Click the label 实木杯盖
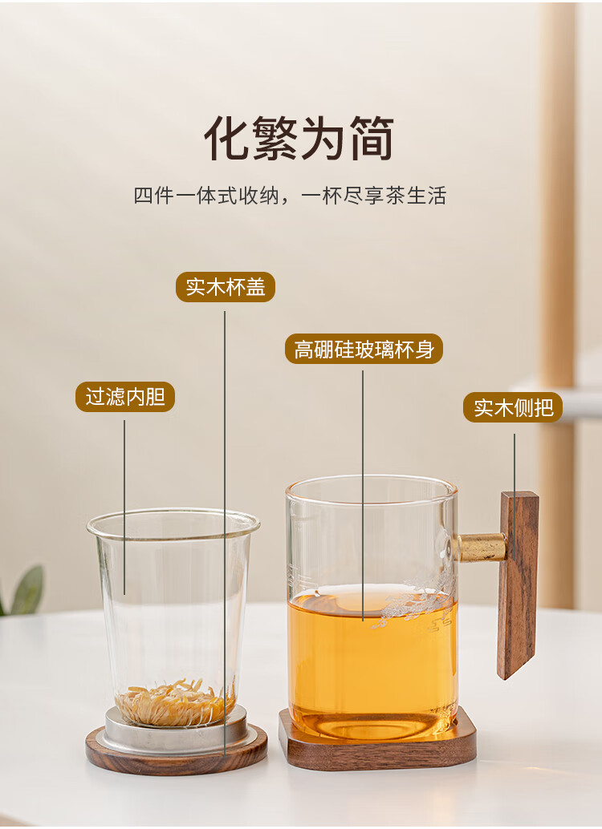point(225,287)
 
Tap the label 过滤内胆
point(125,397)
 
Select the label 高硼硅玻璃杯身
point(364,349)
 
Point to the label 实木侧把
point(513,407)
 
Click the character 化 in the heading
point(226,138)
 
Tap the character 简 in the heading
point(372,138)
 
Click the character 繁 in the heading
point(275,138)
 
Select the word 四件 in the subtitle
point(153,196)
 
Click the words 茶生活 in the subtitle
point(416,196)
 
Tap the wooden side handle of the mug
point(519,584)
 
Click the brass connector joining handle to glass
point(481,548)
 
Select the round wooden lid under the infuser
point(177,754)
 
